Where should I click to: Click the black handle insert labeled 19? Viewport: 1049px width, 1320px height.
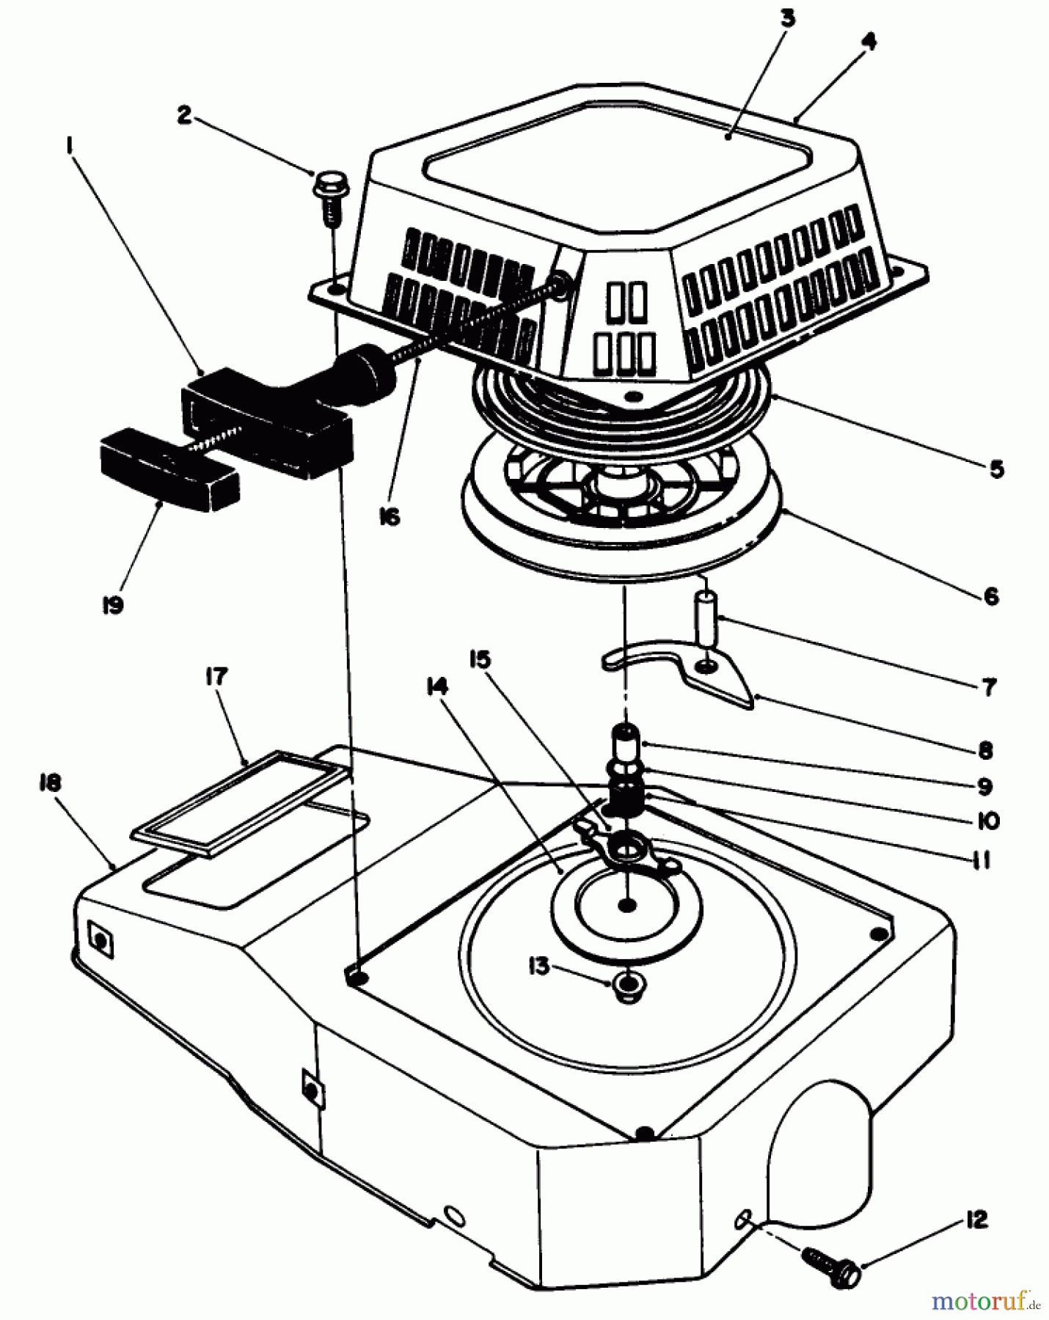169,473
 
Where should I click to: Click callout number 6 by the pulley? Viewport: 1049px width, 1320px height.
990,596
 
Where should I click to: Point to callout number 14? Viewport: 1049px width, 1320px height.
439,687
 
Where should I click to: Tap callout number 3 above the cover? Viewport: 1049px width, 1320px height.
787,18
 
